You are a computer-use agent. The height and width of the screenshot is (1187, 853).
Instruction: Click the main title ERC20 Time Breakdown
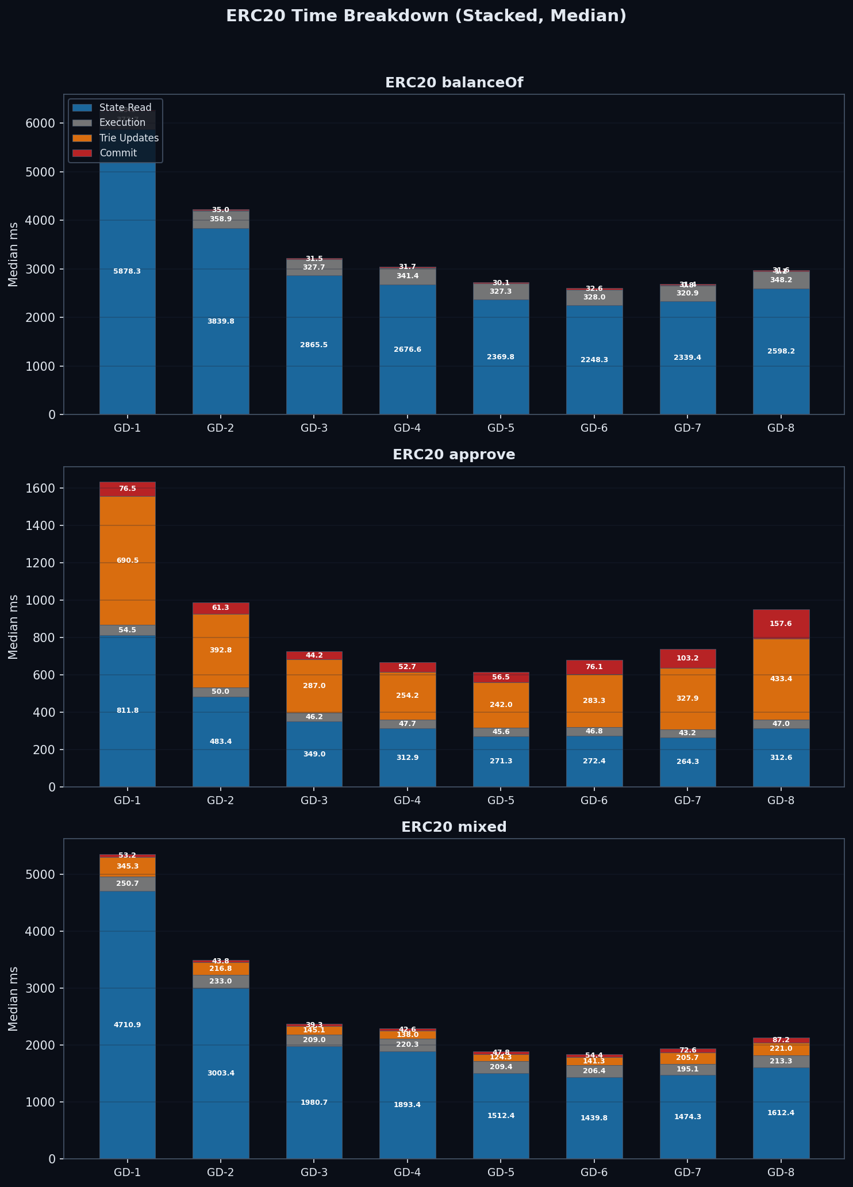pos(426,16)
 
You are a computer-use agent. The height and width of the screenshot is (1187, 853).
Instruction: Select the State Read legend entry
pos(125,107)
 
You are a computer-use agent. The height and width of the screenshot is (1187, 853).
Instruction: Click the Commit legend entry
pos(118,153)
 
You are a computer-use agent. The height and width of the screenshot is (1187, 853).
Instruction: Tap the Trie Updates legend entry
pos(129,138)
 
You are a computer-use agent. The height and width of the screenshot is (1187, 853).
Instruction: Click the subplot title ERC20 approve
pos(454,455)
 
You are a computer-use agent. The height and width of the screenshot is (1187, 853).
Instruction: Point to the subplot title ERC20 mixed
pos(454,827)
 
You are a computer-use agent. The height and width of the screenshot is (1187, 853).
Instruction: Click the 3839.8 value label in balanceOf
pos(221,321)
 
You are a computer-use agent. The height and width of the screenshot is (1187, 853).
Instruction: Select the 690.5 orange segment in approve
pos(128,560)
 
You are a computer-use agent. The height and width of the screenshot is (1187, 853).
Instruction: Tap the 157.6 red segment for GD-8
pos(781,624)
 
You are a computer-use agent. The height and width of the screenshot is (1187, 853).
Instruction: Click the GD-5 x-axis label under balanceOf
pos(501,428)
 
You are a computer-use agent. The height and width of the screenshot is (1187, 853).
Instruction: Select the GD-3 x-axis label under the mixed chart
pos(314,1173)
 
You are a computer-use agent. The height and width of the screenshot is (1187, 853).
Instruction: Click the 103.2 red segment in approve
pos(687,658)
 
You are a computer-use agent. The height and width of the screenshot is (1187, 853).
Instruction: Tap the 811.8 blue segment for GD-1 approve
pos(128,710)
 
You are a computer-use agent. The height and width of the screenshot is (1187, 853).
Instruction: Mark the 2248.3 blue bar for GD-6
pos(594,360)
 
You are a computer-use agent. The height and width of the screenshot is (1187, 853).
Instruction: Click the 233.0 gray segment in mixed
pos(221,981)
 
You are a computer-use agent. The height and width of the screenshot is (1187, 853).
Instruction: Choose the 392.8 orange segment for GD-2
pos(221,650)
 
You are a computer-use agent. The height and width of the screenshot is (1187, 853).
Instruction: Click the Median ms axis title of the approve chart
pos(13,627)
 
